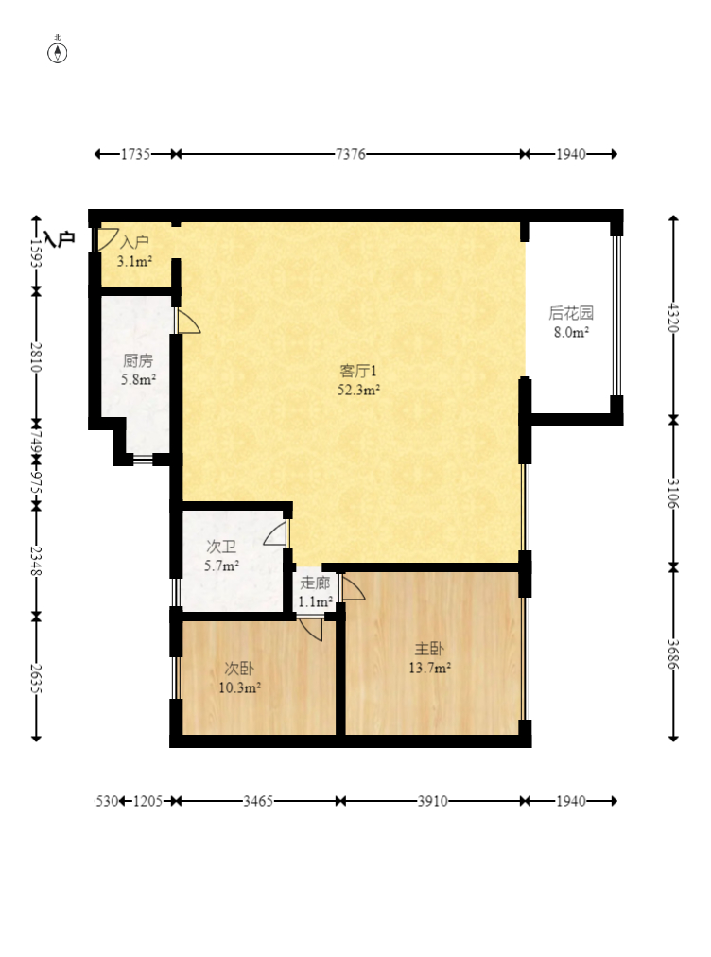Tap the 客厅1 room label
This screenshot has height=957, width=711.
click(359, 371)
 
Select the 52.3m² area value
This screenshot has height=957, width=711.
click(359, 389)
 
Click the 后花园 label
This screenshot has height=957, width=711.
click(571, 314)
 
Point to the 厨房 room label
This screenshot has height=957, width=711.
click(138, 360)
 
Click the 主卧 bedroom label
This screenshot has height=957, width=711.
click(429, 650)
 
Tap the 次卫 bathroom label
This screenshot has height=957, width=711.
click(221, 547)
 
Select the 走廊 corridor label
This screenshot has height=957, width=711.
click(315, 583)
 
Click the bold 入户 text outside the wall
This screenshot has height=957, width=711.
click(59, 238)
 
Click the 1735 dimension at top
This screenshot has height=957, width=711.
click(135, 154)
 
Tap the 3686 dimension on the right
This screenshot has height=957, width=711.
click(673, 654)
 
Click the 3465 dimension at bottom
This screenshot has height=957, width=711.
click(258, 801)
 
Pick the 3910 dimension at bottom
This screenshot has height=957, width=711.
click(432, 801)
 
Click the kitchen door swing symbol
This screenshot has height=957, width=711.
click(187, 322)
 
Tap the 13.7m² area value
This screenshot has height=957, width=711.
click(429, 668)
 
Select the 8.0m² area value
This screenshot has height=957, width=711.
click(571, 332)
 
